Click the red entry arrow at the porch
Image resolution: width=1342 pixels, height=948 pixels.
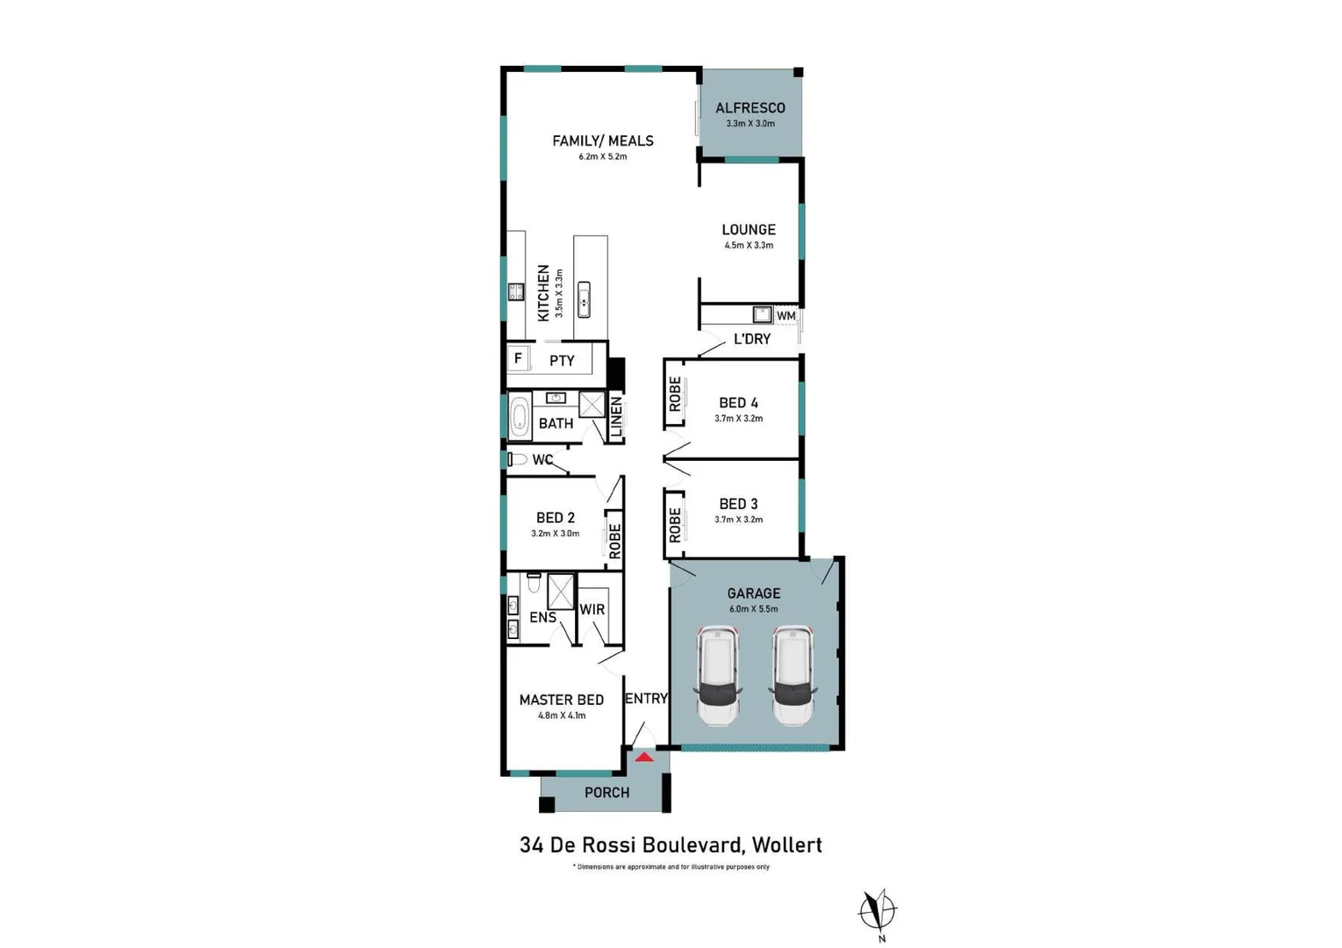tap(644, 758)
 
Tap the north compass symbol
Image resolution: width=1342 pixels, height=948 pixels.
tap(878, 912)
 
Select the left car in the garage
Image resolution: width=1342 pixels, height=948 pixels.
tap(717, 675)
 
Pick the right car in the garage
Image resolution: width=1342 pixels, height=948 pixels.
tap(793, 675)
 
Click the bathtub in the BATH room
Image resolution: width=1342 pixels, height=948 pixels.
tap(519, 416)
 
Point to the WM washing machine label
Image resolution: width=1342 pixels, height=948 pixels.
tap(786, 316)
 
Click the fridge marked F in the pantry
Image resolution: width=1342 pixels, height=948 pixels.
tap(518, 358)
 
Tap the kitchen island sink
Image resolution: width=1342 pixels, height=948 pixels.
tap(584, 299)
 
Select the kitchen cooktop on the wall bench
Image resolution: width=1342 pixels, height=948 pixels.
tap(516, 291)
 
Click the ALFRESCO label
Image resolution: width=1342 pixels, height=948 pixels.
tap(750, 108)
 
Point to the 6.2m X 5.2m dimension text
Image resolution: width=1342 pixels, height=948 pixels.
tap(603, 157)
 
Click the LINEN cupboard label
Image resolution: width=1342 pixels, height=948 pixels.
tap(616, 416)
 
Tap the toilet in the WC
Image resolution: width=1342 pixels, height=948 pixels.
tap(518, 460)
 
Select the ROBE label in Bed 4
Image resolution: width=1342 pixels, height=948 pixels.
tap(675, 394)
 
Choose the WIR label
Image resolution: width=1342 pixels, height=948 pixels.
tap(592, 609)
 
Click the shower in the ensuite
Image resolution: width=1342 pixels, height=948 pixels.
tap(561, 592)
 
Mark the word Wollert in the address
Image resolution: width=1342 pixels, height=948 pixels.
tap(787, 845)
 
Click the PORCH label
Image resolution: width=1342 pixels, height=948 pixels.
tap(606, 793)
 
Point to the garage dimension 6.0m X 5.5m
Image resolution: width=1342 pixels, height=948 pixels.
tap(754, 609)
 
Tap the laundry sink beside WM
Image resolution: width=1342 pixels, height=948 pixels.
tap(763, 314)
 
